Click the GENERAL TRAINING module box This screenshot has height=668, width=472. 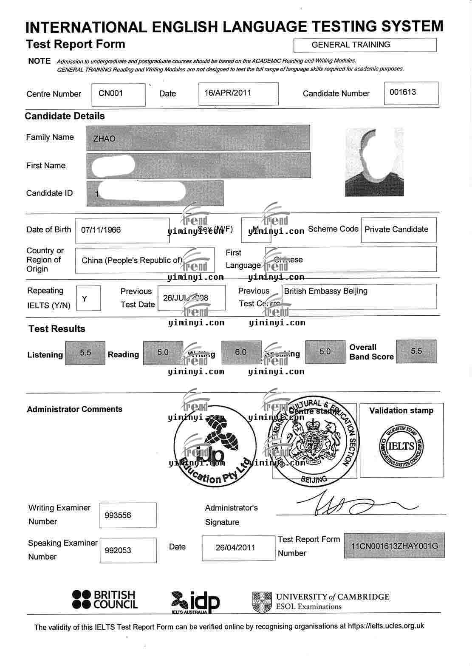(365, 45)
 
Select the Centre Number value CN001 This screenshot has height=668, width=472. (110, 93)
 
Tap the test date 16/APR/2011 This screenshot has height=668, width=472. (228, 93)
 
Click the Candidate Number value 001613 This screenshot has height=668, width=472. (403, 92)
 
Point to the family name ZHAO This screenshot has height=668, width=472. (104, 139)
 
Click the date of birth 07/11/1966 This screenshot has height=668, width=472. (101, 230)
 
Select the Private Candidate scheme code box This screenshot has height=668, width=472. (396, 229)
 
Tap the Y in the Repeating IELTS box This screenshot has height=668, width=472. (85, 299)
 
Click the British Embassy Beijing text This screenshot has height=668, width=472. (325, 291)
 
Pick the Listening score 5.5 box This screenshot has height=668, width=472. (85, 352)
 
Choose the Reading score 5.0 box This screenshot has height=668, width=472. (163, 352)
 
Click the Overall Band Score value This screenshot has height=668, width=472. (416, 351)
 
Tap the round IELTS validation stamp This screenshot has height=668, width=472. (401, 446)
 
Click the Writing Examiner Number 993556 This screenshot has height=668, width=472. (118, 515)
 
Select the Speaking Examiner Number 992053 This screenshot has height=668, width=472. (118, 550)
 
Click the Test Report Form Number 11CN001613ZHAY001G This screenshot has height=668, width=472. (395, 546)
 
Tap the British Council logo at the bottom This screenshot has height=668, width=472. (105, 600)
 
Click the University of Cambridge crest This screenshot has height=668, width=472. (262, 602)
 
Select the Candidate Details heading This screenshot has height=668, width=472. (65, 116)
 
